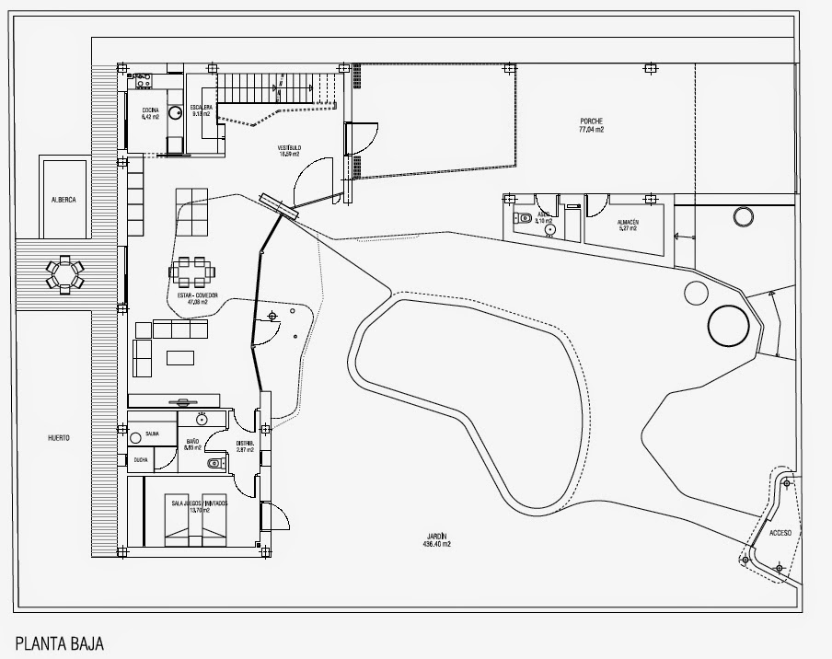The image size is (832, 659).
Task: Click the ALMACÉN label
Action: tap(629, 225)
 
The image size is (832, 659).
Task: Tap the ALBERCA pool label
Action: tap(64, 199)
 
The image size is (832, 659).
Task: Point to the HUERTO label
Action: tap(59, 438)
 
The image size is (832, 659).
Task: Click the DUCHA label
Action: tap(140, 459)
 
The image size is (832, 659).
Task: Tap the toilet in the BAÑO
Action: tap(214, 463)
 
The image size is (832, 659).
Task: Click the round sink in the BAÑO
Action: tap(200, 420)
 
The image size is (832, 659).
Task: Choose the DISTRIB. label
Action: tap(244, 446)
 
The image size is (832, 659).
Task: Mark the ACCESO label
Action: tap(780, 533)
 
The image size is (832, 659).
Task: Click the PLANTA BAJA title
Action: tap(60, 642)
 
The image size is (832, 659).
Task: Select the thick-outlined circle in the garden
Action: tap(728, 325)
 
